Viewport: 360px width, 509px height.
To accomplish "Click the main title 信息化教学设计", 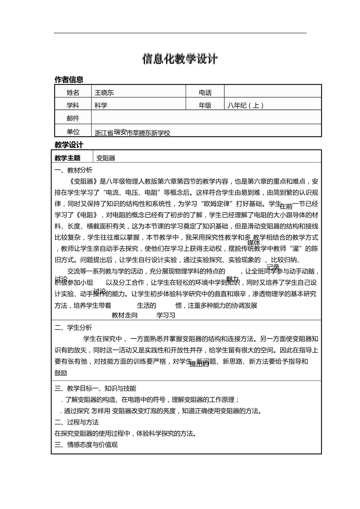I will pyautogui.click(x=180, y=59).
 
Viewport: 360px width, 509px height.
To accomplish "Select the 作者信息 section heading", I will pyautogui.click(x=69, y=79).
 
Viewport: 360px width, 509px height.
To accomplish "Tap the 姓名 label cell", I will pyautogui.click(x=73, y=93).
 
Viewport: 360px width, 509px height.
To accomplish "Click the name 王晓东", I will pyautogui.click(x=104, y=93).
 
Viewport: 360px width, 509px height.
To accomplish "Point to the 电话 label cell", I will pyautogui.click(x=205, y=93).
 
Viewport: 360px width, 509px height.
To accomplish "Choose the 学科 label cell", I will pyautogui.click(x=73, y=105).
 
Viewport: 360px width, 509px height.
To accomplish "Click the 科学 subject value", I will pyautogui.click(x=101, y=105).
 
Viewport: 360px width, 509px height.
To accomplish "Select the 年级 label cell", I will pyautogui.click(x=205, y=105).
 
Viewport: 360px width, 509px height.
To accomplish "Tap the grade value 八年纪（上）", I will pyautogui.click(x=246, y=105).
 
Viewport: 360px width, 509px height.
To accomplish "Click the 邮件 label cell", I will pyautogui.click(x=73, y=118).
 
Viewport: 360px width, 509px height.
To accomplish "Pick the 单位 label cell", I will pyautogui.click(x=73, y=132).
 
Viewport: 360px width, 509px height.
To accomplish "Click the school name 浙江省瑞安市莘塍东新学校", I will pyautogui.click(x=132, y=133).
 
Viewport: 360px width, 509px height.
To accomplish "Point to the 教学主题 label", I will pyautogui.click(x=67, y=158).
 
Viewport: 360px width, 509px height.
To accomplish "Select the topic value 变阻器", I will pyautogui.click(x=106, y=158).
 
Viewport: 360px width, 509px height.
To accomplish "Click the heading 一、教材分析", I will pyautogui.click(x=73, y=170).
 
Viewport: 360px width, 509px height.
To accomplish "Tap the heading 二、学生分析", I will pyautogui.click(x=73, y=328).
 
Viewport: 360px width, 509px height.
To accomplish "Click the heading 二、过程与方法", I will pyautogui.click(x=77, y=422).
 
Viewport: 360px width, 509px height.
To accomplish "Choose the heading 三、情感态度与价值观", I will pyautogui.click(x=86, y=445).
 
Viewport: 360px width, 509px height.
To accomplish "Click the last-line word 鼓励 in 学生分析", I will pyautogui.click(x=61, y=373).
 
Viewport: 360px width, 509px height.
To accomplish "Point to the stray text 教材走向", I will pyautogui.click(x=125, y=315).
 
